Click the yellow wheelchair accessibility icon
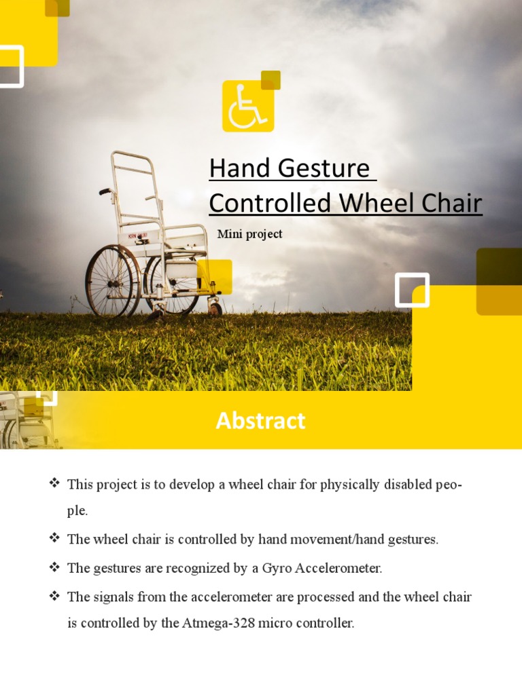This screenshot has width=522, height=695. [248, 107]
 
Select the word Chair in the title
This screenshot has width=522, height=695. [447, 203]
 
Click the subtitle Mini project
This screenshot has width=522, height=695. [249, 234]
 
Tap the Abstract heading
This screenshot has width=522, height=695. [260, 421]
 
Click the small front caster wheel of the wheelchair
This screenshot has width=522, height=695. [215, 309]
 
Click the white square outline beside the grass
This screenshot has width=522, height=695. [412, 290]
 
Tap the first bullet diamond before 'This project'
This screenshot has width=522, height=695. [54, 483]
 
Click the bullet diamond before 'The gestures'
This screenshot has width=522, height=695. [54, 567]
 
